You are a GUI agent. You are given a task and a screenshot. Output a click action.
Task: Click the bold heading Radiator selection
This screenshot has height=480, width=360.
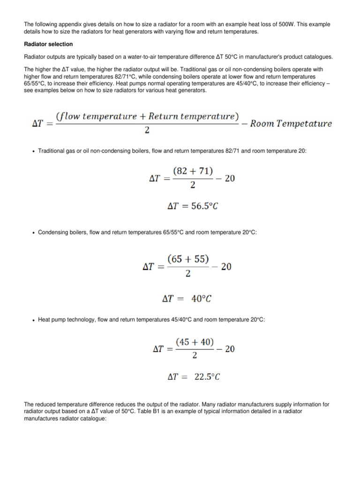48,44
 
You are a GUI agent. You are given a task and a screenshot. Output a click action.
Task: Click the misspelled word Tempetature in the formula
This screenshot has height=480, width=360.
306,124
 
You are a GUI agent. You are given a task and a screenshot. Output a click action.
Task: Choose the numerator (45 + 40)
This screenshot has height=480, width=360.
195,343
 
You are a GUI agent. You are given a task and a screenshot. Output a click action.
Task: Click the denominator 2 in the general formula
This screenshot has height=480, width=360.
147,131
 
